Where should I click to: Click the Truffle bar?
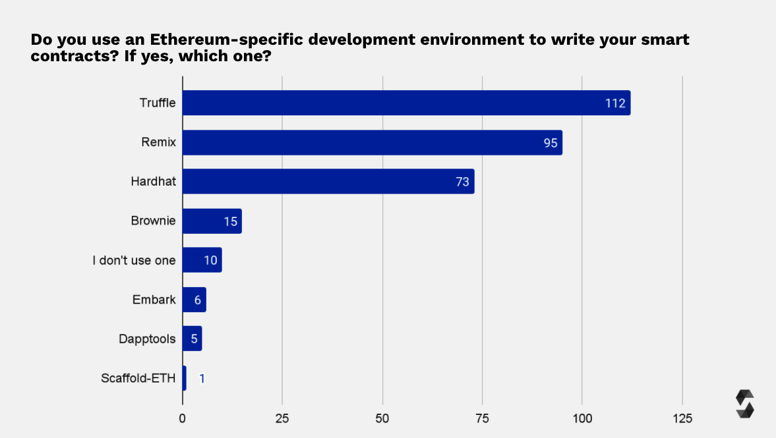click(406, 103)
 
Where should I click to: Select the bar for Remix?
click(372, 142)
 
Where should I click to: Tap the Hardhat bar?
click(328, 181)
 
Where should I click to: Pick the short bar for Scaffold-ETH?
click(184, 378)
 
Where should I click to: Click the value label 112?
click(614, 103)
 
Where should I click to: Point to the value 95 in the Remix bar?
click(551, 143)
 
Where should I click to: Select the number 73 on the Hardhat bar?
click(462, 182)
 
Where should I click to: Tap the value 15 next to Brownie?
click(230, 221)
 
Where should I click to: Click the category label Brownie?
click(154, 221)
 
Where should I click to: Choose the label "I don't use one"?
click(134, 260)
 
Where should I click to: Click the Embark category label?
click(154, 300)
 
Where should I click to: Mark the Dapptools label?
click(147, 339)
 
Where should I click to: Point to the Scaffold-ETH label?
click(138, 378)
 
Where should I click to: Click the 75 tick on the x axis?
click(482, 418)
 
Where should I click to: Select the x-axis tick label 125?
click(682, 418)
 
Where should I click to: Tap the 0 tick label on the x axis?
click(183, 418)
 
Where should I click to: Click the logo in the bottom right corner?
click(744, 404)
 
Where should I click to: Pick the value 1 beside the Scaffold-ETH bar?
click(202, 379)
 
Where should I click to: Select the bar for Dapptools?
click(192, 339)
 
